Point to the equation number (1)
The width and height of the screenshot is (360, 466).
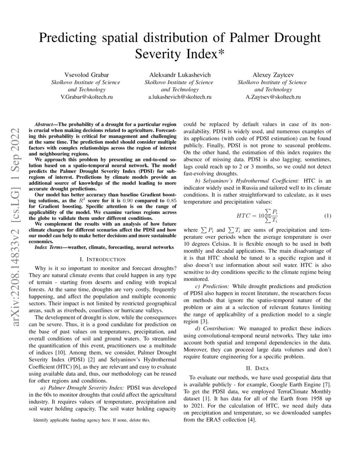point(327,216)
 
